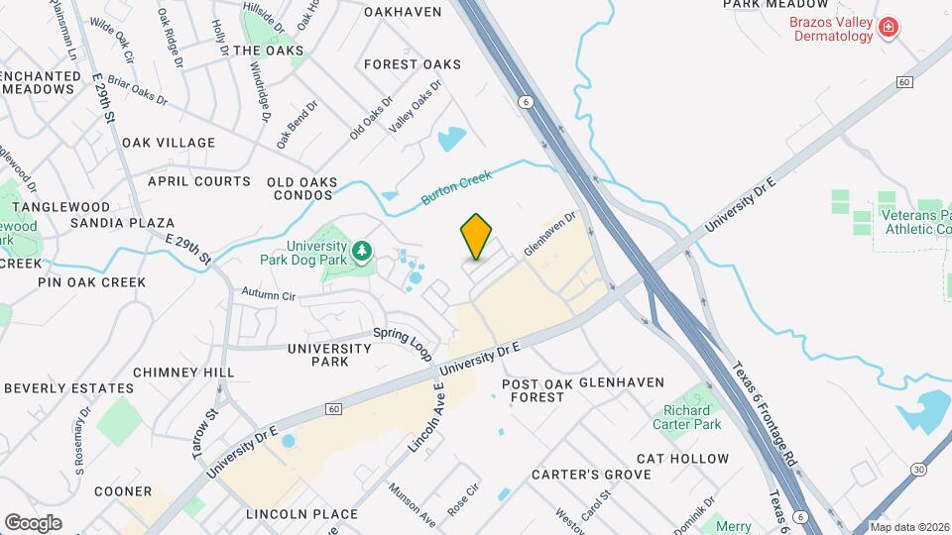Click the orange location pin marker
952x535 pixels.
pos(477,237)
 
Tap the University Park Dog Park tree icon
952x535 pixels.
pos(364,250)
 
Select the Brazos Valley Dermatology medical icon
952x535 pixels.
pos(889,28)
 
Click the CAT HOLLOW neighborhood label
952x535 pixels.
pos(682,459)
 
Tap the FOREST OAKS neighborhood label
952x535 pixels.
pos(412,64)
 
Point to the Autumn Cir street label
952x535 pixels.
pos(269,295)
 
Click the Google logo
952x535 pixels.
pos(33,522)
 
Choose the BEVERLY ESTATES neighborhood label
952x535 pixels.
pos(68,388)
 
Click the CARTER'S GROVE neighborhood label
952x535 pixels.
pos(576,475)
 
